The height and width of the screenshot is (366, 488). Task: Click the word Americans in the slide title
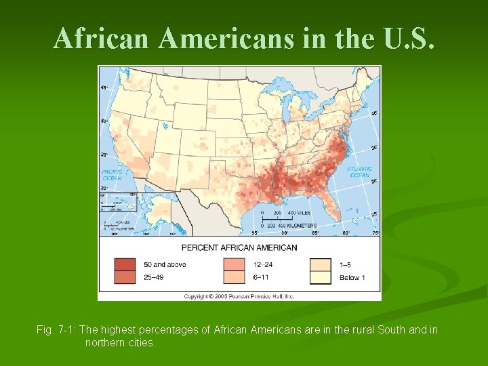(226, 39)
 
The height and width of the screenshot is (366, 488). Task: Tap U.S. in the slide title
(405, 39)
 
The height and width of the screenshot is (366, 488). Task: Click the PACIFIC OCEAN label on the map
(112, 175)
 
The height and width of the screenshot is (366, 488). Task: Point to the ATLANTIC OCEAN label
(359, 172)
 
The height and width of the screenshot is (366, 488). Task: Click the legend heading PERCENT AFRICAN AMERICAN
(239, 247)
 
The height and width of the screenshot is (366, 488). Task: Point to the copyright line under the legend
(240, 296)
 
